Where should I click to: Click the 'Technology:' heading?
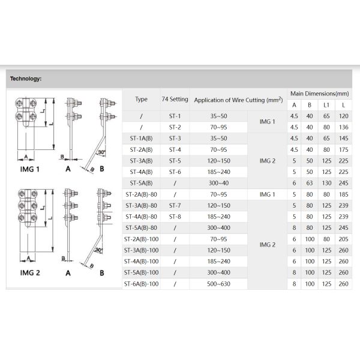[25, 78]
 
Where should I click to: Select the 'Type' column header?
[141, 99]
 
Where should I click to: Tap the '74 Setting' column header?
[175, 99]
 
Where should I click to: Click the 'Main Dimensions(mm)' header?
[319, 94]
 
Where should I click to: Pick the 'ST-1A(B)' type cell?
[141, 138]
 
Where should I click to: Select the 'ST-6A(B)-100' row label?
[142, 283]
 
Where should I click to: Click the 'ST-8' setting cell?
[175, 216]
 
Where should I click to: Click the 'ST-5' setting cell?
[175, 161]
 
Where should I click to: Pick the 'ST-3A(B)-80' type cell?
[142, 205]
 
